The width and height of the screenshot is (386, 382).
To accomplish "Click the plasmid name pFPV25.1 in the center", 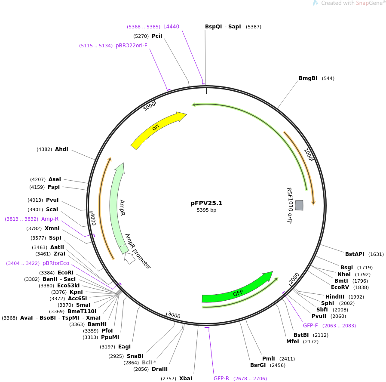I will coord(206,203).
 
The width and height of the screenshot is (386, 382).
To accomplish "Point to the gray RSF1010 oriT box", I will coord(299,205).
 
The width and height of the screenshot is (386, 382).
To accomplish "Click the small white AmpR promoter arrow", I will coord(129,259).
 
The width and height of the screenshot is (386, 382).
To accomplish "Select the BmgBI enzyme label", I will coord(308,78).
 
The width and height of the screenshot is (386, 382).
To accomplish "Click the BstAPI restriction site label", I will coord(354,254).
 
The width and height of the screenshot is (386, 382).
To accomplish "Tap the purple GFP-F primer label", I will coord(310,326).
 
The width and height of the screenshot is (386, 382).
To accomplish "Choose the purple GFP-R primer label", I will coord(221,379).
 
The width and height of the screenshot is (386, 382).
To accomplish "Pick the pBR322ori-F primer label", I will coord(131,46).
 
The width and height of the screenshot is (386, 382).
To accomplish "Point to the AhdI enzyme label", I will coord(61,149).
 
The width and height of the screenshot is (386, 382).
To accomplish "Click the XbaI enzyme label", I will coord(186,379).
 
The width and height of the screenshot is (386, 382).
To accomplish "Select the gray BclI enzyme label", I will coord(147,363).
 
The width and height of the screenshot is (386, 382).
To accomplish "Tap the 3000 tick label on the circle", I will coord(174,315).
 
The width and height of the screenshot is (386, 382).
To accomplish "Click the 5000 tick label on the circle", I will coord(150,106).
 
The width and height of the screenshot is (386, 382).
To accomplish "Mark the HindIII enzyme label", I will coord(335,297).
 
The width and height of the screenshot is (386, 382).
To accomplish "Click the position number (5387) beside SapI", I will coord(253,27).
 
